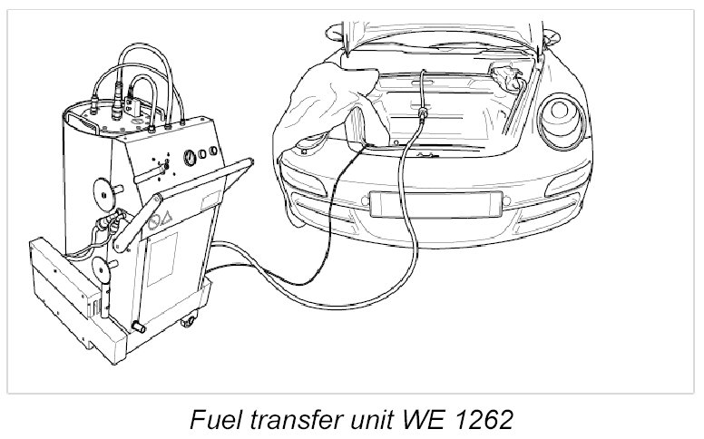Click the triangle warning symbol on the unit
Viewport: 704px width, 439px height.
click(x=168, y=219)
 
